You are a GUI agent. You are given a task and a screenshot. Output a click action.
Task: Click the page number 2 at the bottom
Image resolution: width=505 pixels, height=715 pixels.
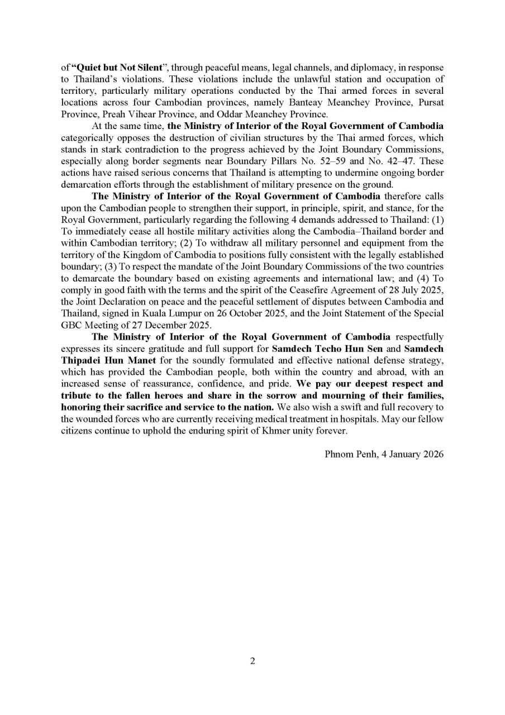(x=252, y=662)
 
